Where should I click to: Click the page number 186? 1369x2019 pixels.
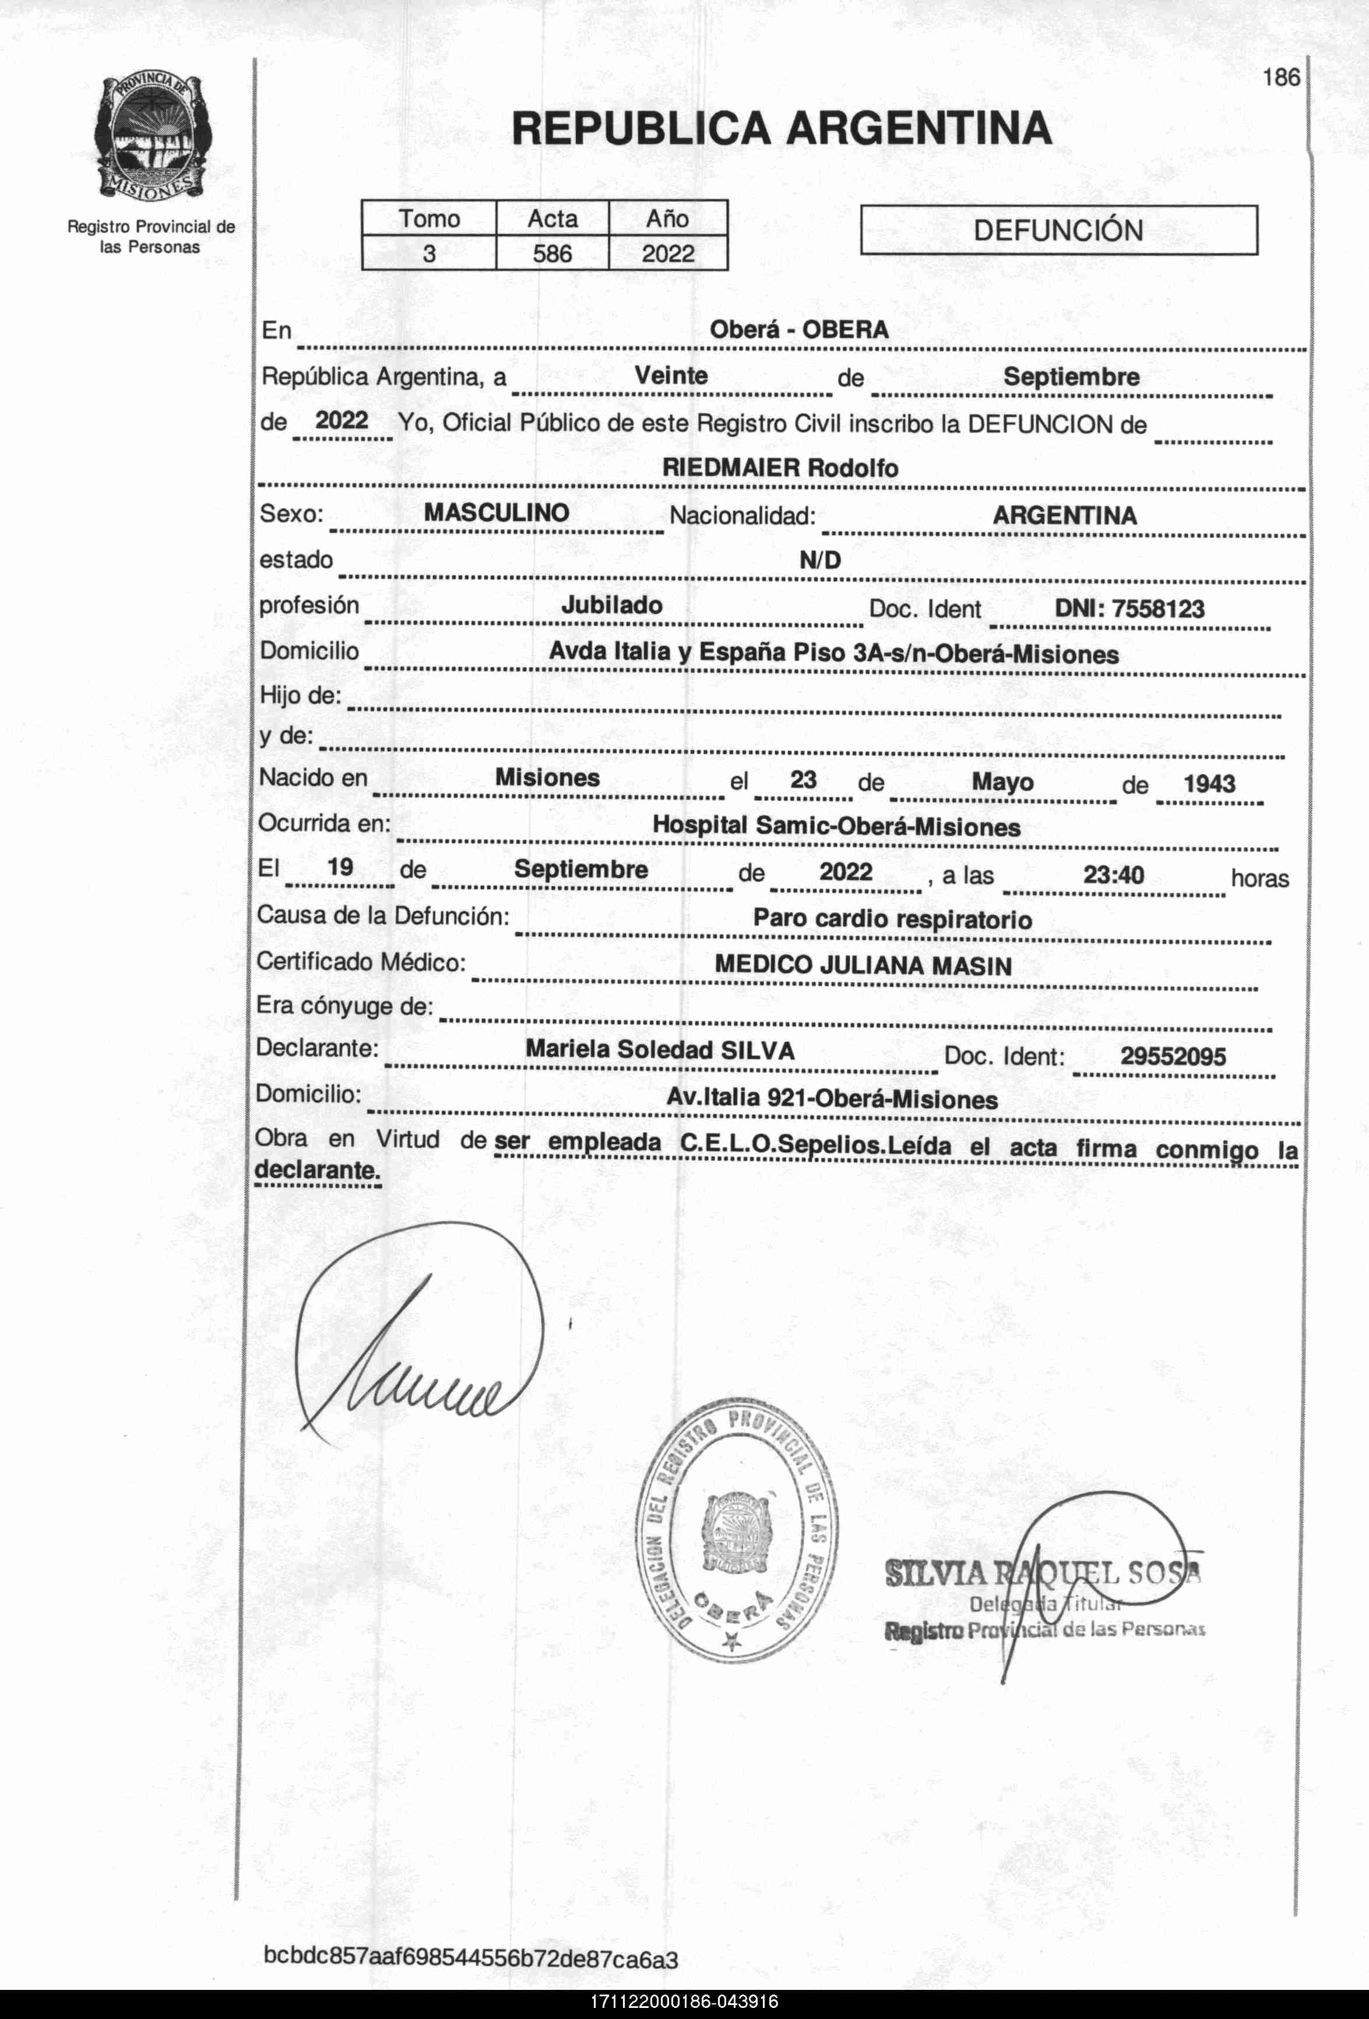pos(1281,77)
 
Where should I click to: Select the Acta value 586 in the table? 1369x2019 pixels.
pos(552,254)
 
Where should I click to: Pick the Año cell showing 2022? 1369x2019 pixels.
pos(667,254)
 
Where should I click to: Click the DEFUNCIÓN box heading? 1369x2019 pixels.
pos(1058,230)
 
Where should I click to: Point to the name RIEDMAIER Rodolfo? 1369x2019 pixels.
pos(780,468)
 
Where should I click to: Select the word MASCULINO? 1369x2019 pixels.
pos(497,512)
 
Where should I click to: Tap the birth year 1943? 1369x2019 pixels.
pos(1208,784)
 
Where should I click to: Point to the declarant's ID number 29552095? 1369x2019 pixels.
pos(1173,1056)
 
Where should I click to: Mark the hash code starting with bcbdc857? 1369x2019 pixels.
pos(470,1959)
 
